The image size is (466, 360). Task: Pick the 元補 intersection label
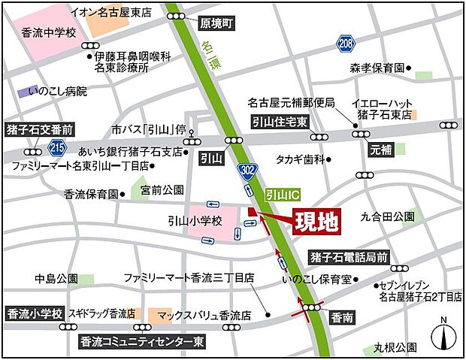382,150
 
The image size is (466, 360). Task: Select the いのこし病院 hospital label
57,92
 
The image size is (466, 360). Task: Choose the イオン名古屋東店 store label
109,13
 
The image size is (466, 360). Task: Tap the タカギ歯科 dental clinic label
299,159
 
